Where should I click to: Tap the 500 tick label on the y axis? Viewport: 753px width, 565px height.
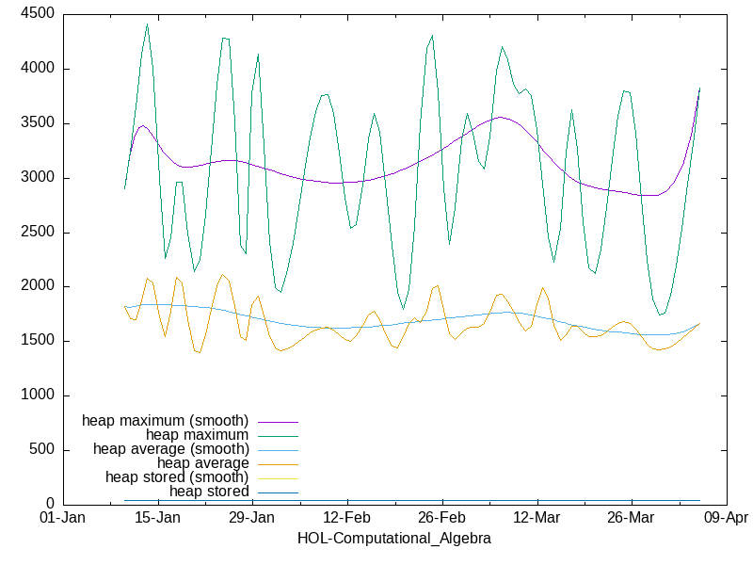tap(40, 450)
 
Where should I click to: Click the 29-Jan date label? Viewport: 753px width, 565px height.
tap(251, 519)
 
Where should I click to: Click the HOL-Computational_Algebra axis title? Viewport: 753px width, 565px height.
tap(393, 539)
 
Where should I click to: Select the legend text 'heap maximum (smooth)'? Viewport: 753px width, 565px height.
tap(166, 420)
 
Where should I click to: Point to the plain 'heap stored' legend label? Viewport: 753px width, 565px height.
tap(209, 492)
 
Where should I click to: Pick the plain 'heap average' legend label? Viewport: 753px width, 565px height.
tap(203, 463)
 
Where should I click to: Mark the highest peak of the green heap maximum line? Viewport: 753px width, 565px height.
tap(147, 24)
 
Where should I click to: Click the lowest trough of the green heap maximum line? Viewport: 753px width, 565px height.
tap(661, 315)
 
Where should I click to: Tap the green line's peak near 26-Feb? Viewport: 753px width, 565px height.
tap(432, 36)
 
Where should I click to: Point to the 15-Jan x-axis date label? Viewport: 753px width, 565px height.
tap(157, 519)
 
